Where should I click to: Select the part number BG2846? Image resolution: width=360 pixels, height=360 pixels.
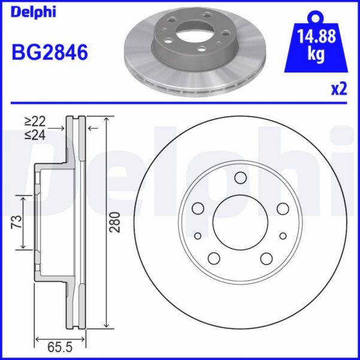(x=50, y=53)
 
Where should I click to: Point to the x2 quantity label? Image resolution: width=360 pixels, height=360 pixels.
(x=339, y=89)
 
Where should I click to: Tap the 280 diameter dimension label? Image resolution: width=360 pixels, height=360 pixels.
(x=115, y=222)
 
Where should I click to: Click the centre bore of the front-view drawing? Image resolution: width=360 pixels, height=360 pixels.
(x=240, y=222)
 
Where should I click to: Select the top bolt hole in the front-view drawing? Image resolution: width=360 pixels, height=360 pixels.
(x=241, y=177)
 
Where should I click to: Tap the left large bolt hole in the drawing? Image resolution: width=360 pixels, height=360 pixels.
(x=198, y=208)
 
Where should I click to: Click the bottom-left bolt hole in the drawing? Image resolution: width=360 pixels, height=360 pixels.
(x=214, y=259)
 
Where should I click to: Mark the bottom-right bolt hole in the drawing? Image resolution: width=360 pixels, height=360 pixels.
(x=267, y=259)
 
